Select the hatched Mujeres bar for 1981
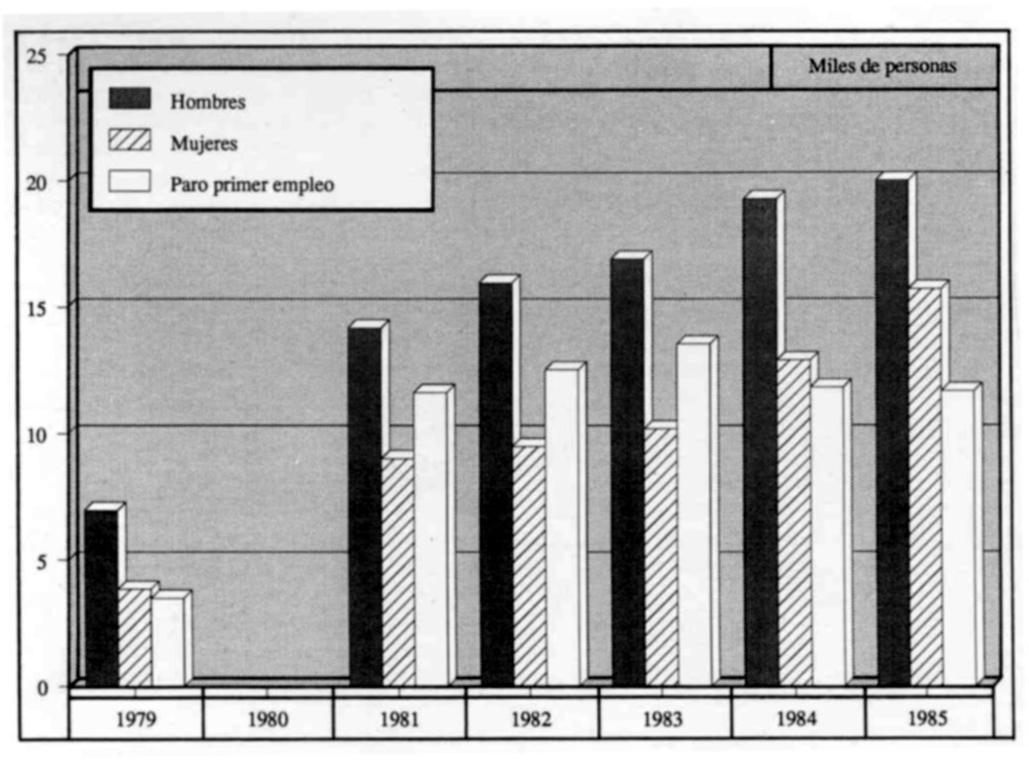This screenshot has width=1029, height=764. coord(397,572)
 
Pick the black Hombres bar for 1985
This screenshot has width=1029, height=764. coord(891,431)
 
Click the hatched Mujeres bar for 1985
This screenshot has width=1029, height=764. coord(925,486)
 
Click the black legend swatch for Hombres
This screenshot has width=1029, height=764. coord(130,98)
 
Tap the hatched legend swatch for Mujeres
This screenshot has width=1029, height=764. coord(130,141)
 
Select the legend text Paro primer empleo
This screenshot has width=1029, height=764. coord(252,184)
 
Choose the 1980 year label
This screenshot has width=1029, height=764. coord(267,719)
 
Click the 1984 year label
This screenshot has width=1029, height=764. coord(796,719)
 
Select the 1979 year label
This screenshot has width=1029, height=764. coord(136,719)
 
